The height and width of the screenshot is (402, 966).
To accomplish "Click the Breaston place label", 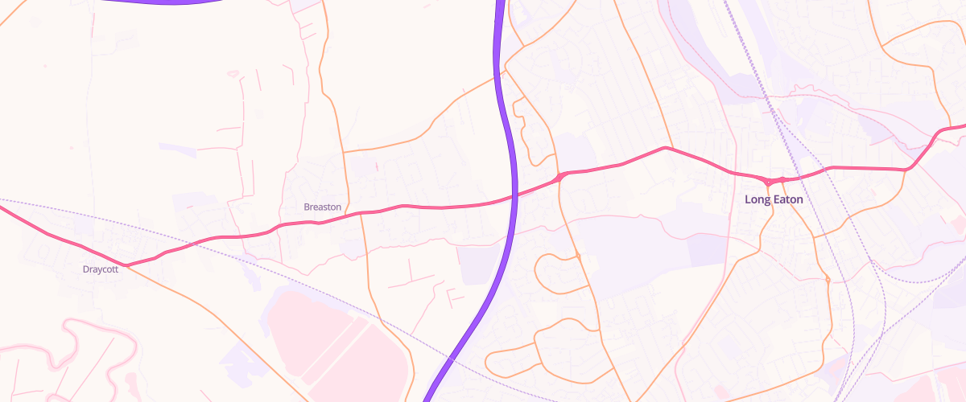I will click(x=322, y=207).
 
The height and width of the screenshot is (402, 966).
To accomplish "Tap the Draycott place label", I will click(x=101, y=269).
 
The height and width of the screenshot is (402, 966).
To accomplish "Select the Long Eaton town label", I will click(x=774, y=199).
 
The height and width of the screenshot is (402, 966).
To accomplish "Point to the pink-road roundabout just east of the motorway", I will click(x=559, y=177).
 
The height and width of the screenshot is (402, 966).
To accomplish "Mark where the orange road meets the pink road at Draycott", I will click(x=126, y=265).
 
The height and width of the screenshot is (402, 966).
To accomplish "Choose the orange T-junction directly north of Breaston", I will click(x=344, y=150).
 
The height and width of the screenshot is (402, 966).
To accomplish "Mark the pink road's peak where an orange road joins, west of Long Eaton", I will click(x=665, y=148).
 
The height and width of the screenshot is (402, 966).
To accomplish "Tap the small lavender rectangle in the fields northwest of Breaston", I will click(x=177, y=148).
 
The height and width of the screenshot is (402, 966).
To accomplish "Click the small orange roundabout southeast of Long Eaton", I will click(x=828, y=279).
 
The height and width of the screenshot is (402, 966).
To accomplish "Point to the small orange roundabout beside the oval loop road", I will click(x=578, y=256).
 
